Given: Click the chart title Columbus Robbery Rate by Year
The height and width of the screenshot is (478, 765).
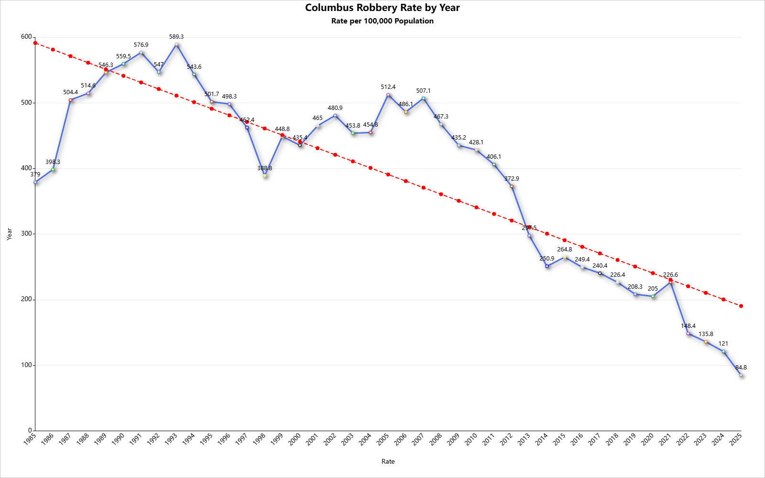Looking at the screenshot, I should (382, 8).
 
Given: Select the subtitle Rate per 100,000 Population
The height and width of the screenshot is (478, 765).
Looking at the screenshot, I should (382, 21).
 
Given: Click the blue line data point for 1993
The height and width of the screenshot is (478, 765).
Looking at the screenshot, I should (176, 44).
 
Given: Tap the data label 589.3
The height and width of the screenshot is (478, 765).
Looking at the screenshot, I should (176, 37).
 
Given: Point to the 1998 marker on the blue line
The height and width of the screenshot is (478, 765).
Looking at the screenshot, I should (265, 175).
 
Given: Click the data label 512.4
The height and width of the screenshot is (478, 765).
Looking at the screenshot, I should (388, 87).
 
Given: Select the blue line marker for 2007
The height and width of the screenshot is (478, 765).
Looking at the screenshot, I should (424, 98).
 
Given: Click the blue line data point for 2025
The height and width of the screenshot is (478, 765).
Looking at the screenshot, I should (741, 375).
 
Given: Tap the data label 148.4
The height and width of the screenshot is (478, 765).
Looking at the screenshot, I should (688, 326).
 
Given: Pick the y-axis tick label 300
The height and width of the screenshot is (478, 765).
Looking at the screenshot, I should (26, 234).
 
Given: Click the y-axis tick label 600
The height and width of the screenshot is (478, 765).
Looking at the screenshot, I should (26, 37).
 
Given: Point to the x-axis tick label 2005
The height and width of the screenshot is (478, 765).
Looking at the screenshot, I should (383, 439).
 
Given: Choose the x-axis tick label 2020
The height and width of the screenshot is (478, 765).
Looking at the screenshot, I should (648, 439).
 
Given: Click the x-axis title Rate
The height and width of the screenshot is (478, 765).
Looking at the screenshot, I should (388, 461).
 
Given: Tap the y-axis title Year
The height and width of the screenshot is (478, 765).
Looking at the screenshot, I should (9, 234).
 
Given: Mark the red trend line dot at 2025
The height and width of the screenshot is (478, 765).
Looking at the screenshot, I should (741, 306).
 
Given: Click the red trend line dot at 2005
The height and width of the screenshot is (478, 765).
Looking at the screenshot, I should (388, 174).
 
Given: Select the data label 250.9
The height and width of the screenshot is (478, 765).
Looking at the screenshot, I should (547, 259).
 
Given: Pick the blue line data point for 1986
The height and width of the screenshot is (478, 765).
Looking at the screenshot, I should (53, 170).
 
